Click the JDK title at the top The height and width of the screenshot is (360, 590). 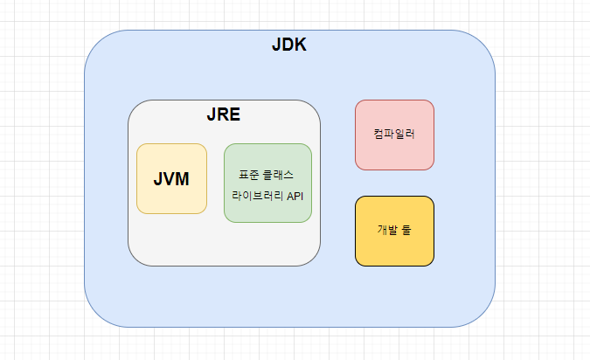[x=288, y=45]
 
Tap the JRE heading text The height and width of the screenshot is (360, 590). [x=224, y=114]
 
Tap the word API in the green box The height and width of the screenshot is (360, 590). [x=295, y=195]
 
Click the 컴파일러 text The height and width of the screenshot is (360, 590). [x=394, y=135]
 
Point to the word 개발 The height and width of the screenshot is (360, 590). [x=387, y=231]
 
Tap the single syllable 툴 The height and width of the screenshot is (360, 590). [x=406, y=231]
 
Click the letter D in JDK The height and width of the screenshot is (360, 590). [x=288, y=45]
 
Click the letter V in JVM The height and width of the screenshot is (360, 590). [x=170, y=178]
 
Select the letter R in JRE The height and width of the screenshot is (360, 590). [x=224, y=114]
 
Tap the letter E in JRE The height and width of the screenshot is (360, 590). [x=234, y=114]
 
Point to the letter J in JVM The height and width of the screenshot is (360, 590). [x=158, y=178]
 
